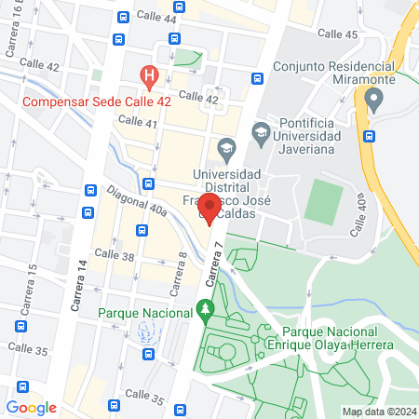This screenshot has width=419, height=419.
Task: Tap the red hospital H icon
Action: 147,74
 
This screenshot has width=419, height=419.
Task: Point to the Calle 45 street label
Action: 337,34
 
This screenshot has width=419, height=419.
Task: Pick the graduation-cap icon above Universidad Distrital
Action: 225,148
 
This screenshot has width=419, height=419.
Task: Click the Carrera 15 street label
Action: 32,284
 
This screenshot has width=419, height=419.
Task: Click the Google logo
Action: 31,407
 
